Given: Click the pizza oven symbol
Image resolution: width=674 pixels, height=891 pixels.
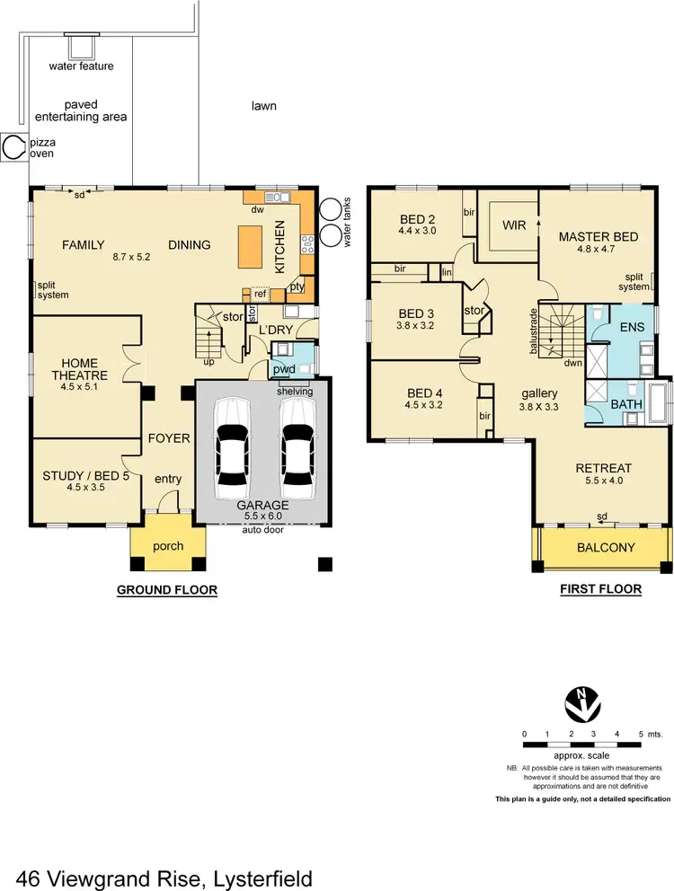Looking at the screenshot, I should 13,147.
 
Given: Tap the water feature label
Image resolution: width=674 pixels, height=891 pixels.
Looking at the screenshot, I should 82,66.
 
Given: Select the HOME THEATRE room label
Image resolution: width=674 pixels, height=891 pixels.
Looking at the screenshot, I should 73,369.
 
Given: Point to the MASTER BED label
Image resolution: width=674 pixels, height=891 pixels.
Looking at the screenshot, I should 598,237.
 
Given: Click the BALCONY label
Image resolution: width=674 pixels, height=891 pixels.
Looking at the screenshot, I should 606,547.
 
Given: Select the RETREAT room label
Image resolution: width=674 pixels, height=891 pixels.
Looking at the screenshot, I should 604,468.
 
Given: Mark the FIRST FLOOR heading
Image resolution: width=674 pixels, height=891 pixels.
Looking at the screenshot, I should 600,590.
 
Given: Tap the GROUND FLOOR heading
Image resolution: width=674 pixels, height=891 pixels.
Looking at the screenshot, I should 167,590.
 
